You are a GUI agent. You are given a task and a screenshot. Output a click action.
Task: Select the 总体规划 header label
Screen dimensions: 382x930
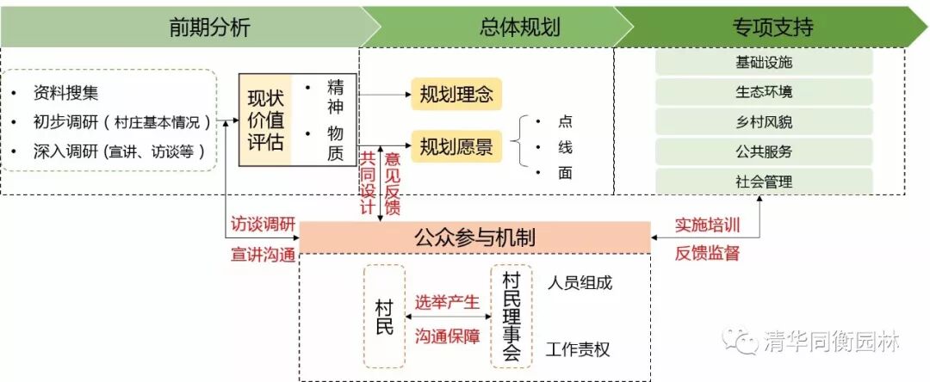(519, 28)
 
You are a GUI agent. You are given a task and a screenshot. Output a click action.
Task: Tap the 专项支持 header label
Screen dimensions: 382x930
(773, 28)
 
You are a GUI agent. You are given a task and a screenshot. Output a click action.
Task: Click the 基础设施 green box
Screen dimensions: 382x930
(764, 63)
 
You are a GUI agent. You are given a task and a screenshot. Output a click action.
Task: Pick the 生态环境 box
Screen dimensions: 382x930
(764, 92)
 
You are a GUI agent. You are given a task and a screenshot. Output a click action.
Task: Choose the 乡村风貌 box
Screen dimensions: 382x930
(764, 121)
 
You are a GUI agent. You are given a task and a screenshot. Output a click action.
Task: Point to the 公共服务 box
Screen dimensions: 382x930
(764, 151)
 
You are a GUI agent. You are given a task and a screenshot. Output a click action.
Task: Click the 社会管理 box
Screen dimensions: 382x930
(764, 182)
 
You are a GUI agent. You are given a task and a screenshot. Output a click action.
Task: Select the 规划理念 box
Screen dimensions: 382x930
(456, 94)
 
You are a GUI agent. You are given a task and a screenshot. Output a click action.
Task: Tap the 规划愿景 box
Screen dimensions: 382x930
(456, 147)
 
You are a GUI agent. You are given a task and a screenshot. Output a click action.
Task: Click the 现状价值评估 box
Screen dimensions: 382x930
(265, 120)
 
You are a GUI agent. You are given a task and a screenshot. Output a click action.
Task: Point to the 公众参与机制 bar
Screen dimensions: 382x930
(474, 237)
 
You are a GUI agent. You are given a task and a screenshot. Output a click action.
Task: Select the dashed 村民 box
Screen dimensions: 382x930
(384, 316)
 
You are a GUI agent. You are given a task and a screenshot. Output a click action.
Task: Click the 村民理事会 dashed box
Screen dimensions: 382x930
(512, 316)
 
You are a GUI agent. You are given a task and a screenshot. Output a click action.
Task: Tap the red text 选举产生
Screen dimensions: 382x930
(447, 302)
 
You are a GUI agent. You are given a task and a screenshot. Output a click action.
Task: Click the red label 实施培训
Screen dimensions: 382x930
(707, 225)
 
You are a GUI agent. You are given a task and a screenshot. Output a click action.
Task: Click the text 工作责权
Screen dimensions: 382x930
(579, 350)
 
